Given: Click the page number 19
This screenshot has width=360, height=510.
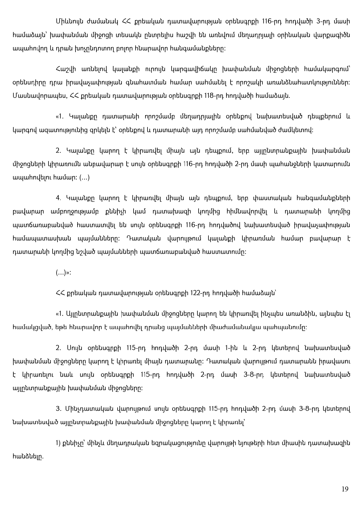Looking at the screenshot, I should (345, 489).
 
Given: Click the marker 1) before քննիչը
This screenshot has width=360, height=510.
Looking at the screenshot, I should (58, 443).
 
